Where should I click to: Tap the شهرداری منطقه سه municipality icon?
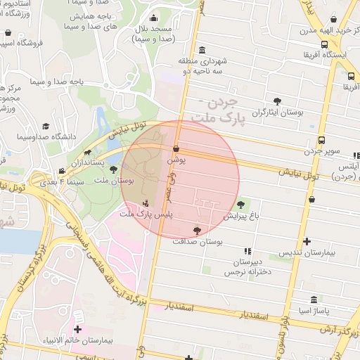202,50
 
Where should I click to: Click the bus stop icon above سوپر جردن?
321,140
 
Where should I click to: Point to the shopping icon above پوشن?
175,149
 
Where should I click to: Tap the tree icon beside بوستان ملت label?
113,169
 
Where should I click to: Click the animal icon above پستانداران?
87,152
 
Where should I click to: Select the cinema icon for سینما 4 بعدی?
62,171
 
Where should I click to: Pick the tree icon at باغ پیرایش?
241,205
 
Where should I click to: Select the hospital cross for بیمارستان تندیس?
306,241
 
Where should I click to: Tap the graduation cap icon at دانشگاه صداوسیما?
46,125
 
